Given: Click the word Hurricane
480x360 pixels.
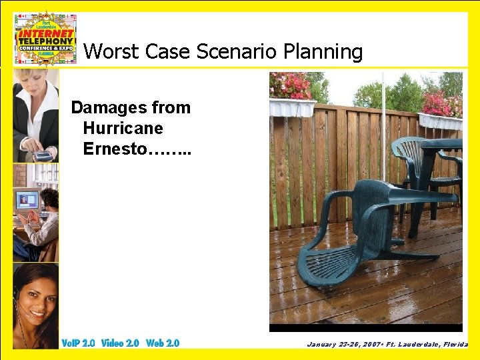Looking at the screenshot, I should point(123,128).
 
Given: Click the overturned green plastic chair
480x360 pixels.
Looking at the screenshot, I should point(360,227).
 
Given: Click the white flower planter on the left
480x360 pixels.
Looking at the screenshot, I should point(292,107).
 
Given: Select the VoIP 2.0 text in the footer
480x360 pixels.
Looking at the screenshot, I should point(78,343).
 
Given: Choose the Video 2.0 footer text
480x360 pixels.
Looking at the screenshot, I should point(120,343).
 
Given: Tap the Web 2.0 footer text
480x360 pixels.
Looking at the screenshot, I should point(163,343).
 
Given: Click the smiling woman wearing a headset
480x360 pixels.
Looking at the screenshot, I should point(35,300).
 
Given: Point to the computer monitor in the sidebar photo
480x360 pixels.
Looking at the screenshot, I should point(26,201).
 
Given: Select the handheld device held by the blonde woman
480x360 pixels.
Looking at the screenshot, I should point(42,156).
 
